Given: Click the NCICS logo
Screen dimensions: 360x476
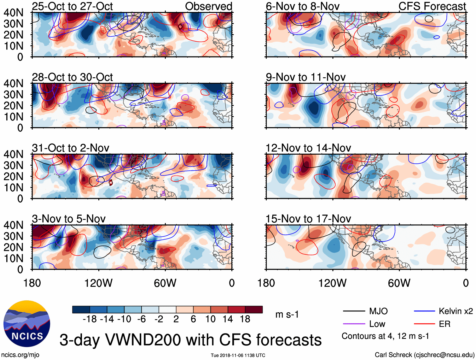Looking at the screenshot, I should tap(27, 323).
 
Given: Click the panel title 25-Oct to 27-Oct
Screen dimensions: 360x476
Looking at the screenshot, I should tap(72, 6).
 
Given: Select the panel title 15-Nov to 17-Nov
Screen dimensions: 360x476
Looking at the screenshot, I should tap(308, 219).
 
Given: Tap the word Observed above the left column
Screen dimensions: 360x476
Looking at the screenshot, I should tap(208, 6).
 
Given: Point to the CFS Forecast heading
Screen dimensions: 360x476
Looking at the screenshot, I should tap(432, 6).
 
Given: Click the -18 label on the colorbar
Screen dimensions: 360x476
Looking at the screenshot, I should tap(90, 319).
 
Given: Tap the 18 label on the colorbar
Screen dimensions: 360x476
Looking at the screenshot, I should tap(245, 319).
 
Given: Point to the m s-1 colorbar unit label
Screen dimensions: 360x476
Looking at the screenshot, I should tap(287, 315).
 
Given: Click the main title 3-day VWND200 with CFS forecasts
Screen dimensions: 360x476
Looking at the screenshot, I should tap(190, 340).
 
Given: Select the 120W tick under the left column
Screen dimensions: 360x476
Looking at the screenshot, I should tap(98, 283).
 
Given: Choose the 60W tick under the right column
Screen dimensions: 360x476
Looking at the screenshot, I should tap(399, 283).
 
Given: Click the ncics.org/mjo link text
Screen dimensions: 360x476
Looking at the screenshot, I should tap(20, 355).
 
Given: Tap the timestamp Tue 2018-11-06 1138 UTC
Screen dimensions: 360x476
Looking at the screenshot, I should tap(238, 355).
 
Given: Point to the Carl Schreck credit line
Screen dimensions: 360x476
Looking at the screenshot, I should tap(424, 355).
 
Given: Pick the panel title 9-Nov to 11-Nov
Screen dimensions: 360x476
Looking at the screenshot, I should tap(305, 77).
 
